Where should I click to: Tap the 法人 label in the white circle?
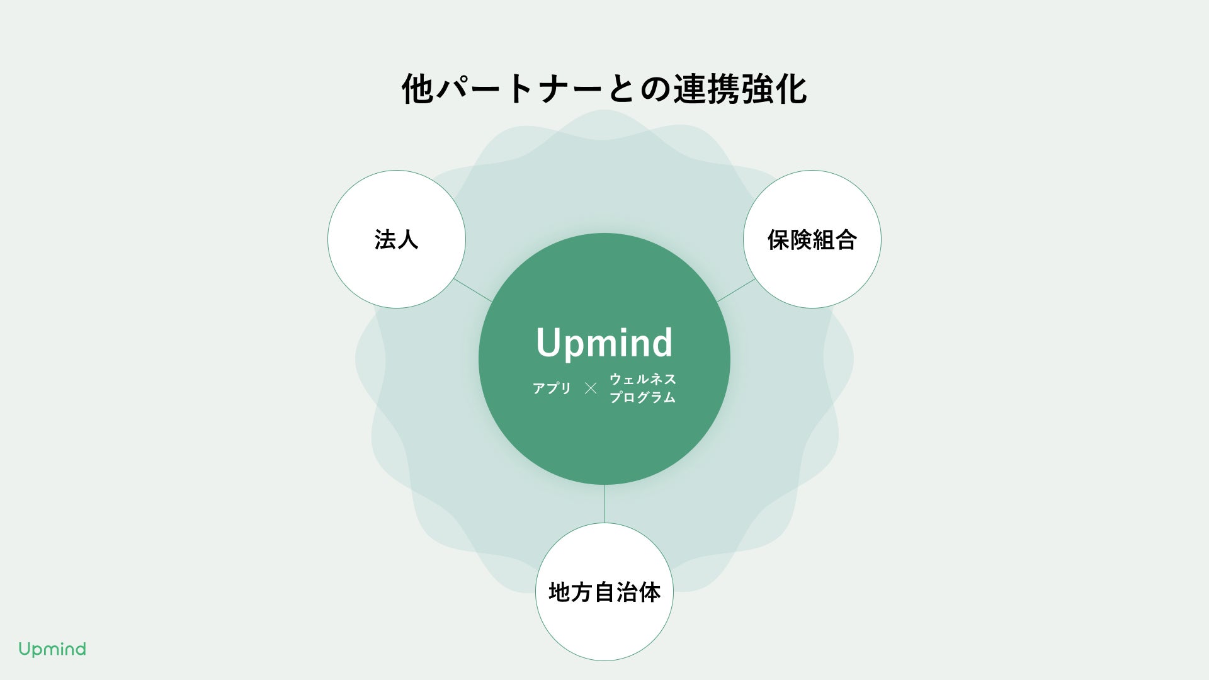396,240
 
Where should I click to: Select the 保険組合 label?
812,240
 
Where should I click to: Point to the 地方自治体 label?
604,592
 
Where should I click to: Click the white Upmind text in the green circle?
604,343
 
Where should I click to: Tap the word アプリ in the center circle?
552,388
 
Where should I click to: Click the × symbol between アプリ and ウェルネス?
590,388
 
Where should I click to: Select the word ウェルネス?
642,379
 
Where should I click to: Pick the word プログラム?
642,397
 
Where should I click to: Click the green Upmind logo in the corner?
52,649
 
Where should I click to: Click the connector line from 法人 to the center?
473,290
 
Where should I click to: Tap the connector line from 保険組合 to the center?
735,290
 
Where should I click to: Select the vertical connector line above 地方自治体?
604,504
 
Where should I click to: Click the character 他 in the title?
417,89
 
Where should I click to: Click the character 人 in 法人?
407,240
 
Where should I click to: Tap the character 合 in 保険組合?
846,240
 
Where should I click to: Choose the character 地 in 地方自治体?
560,592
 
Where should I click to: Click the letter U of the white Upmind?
548,343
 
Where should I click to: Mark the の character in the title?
656,89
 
